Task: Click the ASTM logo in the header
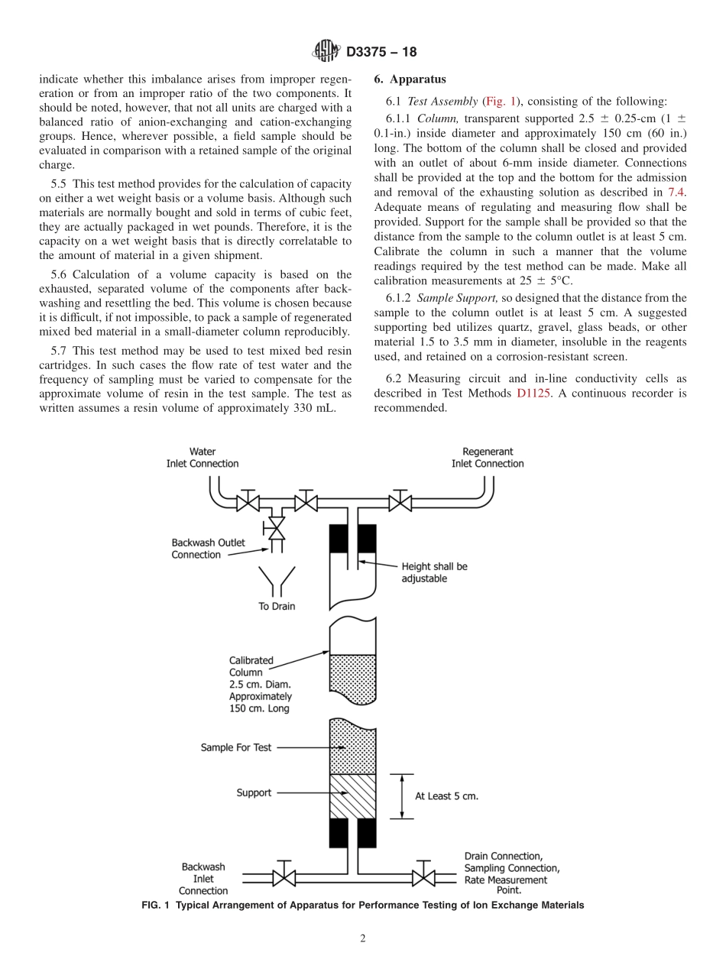[x=328, y=52]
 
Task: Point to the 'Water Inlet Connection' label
[x=203, y=458]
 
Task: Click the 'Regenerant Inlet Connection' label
[x=488, y=458]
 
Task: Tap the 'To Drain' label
[x=276, y=606]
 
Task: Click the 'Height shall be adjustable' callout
[x=434, y=572]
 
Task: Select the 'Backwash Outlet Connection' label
[x=208, y=549]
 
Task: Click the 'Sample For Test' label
[x=235, y=747]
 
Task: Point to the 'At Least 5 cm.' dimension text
[x=446, y=795]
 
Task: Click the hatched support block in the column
[x=352, y=796]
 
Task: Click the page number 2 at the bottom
[x=363, y=939]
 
